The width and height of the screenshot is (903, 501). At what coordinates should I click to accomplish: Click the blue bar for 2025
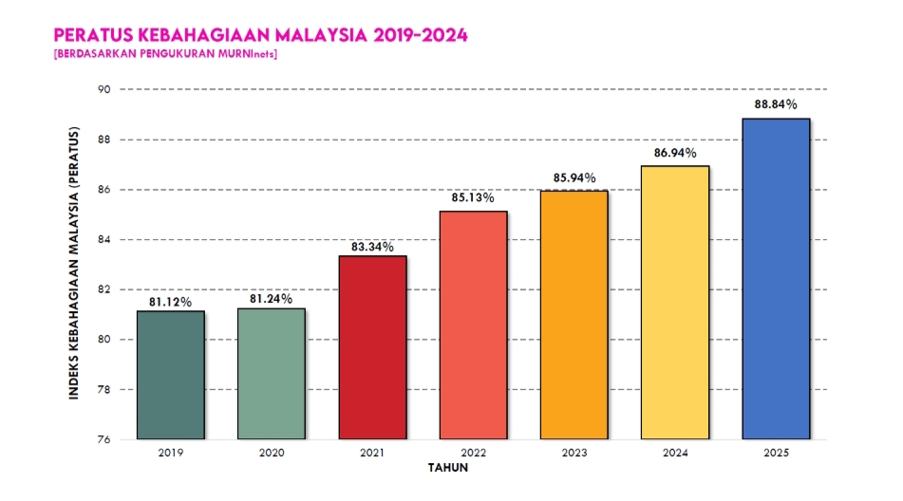click(x=775, y=279)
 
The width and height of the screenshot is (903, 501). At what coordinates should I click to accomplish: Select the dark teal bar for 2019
click(x=171, y=375)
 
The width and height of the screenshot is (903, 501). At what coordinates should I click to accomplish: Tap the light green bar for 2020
click(x=272, y=374)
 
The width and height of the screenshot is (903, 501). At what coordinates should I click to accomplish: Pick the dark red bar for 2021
click(x=372, y=347)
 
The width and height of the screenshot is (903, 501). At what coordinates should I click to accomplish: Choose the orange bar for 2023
click(x=574, y=315)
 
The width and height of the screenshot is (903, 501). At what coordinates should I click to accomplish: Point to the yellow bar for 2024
click(x=674, y=303)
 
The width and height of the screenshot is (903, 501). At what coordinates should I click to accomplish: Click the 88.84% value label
click(x=775, y=105)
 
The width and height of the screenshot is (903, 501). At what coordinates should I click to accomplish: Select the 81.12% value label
click(x=171, y=302)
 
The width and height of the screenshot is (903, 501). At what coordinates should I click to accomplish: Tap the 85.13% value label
click(x=473, y=198)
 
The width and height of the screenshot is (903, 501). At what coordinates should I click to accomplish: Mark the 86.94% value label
click(x=674, y=153)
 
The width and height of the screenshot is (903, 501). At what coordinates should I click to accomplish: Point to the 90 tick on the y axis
click(x=103, y=89)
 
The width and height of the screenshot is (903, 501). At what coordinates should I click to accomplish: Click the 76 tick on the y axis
click(x=103, y=439)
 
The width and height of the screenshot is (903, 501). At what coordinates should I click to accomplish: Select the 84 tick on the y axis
click(x=103, y=239)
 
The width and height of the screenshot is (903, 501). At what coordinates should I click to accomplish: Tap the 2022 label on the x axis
click(x=473, y=454)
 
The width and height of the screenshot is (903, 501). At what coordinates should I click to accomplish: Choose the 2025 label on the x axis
click(x=775, y=454)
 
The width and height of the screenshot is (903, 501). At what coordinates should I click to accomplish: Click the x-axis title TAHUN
click(x=447, y=468)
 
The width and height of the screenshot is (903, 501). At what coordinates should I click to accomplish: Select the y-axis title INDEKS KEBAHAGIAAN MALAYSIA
click(x=74, y=263)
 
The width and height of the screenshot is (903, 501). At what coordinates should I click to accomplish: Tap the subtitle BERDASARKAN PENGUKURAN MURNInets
click(x=166, y=53)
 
